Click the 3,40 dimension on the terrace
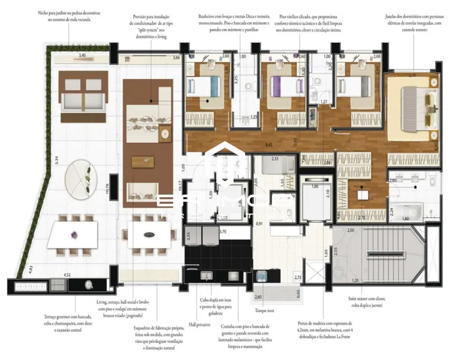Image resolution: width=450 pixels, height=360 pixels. click(x=82, y=55)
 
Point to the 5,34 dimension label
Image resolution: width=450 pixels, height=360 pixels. click(x=56, y=160)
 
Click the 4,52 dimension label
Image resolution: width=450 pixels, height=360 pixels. click(x=67, y=274)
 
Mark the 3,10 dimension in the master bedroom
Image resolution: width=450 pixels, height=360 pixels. click(x=411, y=74)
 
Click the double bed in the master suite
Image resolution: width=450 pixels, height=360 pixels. click(x=420, y=106)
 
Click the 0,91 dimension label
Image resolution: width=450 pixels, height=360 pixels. click(x=259, y=223)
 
